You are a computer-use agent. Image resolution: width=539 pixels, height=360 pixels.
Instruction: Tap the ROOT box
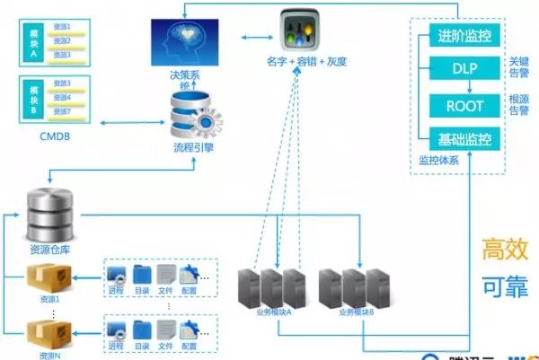[x=464, y=105]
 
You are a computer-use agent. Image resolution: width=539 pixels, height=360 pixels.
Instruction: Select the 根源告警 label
[x=518, y=106]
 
